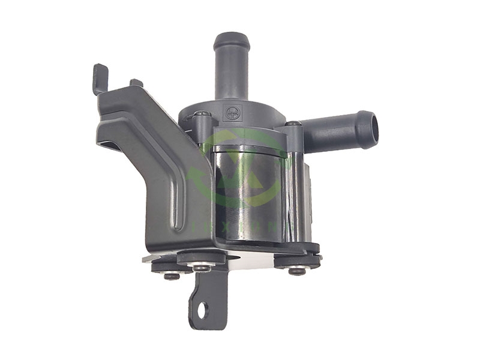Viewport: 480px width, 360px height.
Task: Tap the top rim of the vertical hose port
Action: (232, 37)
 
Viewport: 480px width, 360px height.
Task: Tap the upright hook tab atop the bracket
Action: (100, 76)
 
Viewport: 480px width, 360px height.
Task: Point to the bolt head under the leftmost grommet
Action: (170, 275)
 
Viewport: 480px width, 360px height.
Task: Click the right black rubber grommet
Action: (298, 259)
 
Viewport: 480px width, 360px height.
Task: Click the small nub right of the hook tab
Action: (136, 82)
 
